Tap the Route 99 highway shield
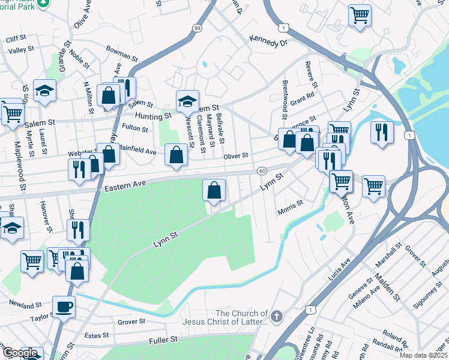click(197, 28)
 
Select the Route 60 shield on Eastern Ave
click(262, 171)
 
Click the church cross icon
click(276, 316)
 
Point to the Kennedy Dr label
click(269, 43)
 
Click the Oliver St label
click(236, 155)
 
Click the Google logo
click(20, 353)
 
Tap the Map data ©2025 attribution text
click(423, 355)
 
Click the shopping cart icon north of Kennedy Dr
click(360, 14)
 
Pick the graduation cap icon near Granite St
click(44, 90)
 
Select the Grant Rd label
click(303, 97)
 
